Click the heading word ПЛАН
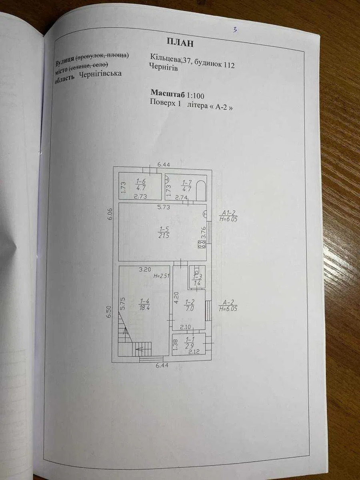point(180,42)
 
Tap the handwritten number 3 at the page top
point(235,30)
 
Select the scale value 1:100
point(195,95)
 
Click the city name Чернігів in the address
point(163,68)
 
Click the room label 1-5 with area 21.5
point(164,233)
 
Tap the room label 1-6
point(141,184)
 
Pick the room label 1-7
point(186,184)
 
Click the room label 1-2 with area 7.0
point(190,306)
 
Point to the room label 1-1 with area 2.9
point(189,343)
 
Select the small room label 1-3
point(197,280)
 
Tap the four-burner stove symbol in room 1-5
point(202,244)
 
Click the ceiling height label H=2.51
point(161,276)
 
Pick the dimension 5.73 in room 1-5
point(164,207)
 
